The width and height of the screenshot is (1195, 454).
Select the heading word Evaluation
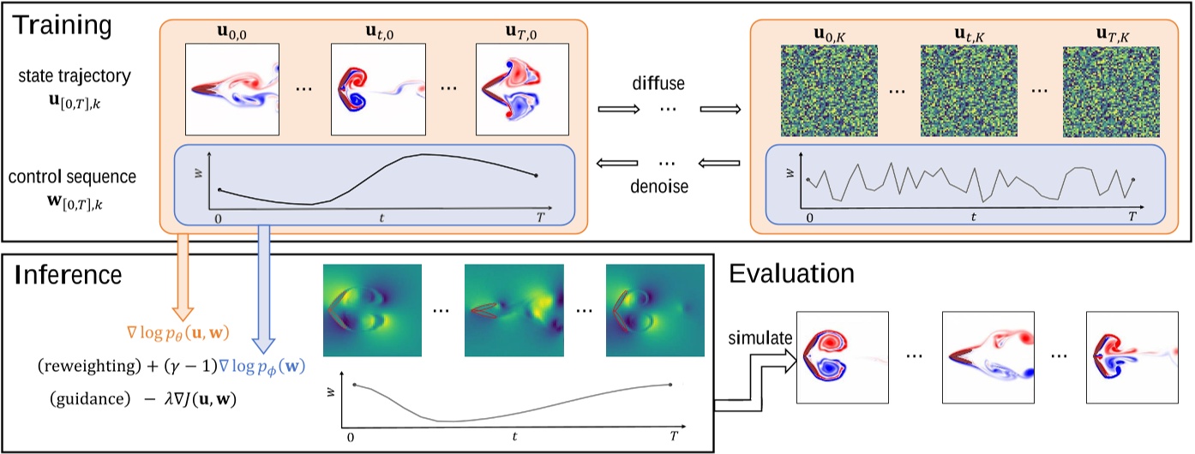pos(791,273)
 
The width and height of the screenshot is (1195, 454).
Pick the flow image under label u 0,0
pos(232,89)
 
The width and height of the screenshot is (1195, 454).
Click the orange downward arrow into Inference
pos(183,274)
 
